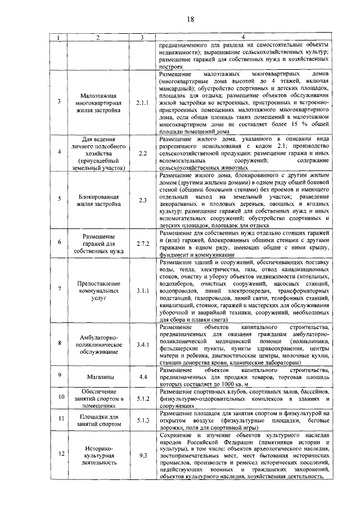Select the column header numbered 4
[x=243, y=38]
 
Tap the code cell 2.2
[x=142, y=153]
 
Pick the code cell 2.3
[x=142, y=200]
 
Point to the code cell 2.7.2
[x=142, y=242]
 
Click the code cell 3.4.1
[x=142, y=345]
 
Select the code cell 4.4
[x=142, y=377]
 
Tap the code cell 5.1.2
[x=142, y=398]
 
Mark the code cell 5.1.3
[x=142, y=420]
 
